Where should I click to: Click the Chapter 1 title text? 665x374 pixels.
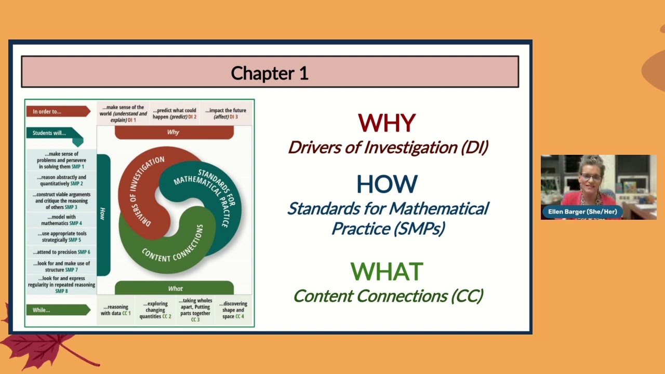pos(270,73)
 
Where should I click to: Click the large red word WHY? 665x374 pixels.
pos(387,124)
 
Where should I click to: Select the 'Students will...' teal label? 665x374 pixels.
pos(52,133)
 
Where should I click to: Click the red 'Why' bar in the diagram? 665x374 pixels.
pos(174,132)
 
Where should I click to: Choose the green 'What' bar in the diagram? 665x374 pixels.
pos(175,288)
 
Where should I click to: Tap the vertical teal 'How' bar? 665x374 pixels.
pos(103,214)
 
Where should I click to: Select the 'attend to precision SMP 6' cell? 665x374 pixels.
pos(61,252)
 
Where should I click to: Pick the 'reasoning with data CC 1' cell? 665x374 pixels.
pos(115,310)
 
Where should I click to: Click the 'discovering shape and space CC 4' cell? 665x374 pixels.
pos(233,310)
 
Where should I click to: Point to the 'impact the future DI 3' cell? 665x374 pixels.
pos(225,113)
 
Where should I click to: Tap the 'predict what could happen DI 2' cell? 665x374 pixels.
pos(175,113)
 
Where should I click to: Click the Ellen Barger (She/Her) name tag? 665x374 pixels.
pos(582,212)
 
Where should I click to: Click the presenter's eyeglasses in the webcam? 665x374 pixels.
pos(592,178)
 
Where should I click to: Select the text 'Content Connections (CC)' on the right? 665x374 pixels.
pos(388,296)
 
